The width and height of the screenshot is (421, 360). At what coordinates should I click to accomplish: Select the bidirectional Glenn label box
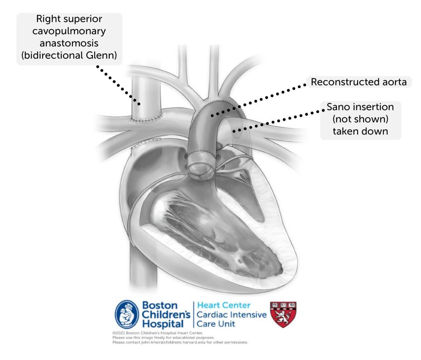pyautogui.click(x=69, y=39)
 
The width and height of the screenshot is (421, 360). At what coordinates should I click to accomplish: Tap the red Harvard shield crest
pyautogui.click(x=283, y=314)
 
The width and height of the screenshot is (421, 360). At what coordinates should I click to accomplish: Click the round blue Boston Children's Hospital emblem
pyautogui.click(x=126, y=314)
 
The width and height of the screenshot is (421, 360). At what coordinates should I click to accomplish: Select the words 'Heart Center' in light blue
pyautogui.click(x=224, y=305)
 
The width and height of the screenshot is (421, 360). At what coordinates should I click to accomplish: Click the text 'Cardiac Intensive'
pyautogui.click(x=231, y=315)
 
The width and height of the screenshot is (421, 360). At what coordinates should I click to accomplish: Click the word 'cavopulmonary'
pyautogui.click(x=69, y=31)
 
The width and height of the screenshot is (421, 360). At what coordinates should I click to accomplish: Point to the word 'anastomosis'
pyautogui.click(x=69, y=44)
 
